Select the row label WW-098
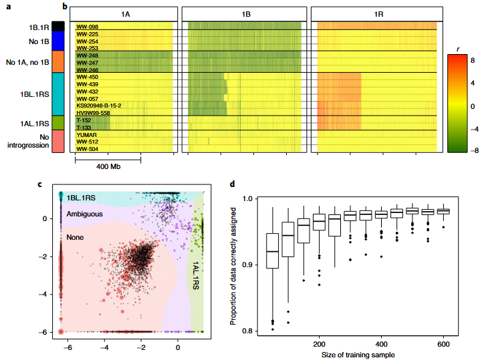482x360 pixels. (87, 27)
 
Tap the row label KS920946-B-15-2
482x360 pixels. (98, 105)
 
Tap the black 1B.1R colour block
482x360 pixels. (57, 26)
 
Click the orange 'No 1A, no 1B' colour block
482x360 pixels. (57, 61)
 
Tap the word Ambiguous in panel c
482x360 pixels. (85, 214)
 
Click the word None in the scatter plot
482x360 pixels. (74, 236)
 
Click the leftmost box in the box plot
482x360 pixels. (272, 250)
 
